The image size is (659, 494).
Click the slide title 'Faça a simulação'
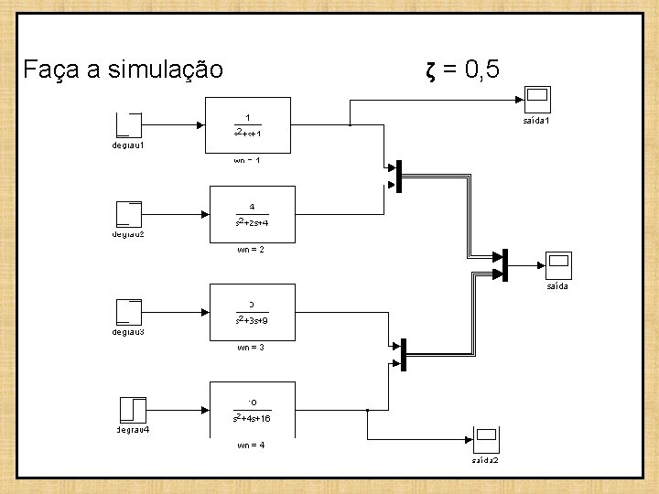(x=124, y=69)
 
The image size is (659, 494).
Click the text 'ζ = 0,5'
(x=462, y=68)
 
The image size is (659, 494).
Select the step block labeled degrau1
(x=129, y=124)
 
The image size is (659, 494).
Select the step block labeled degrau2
(x=129, y=213)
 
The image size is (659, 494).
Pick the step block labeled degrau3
(x=129, y=312)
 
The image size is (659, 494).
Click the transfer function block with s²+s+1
(x=247, y=124)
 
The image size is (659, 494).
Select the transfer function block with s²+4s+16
(x=251, y=409)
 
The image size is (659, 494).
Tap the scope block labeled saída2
(x=485, y=440)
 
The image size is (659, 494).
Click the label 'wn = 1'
(x=247, y=160)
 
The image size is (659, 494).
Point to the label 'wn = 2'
(x=250, y=249)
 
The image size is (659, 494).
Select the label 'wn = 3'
(x=250, y=348)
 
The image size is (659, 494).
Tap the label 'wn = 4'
(x=250, y=446)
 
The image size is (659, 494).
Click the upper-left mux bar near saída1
(x=399, y=177)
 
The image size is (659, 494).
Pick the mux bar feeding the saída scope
(x=504, y=264)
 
